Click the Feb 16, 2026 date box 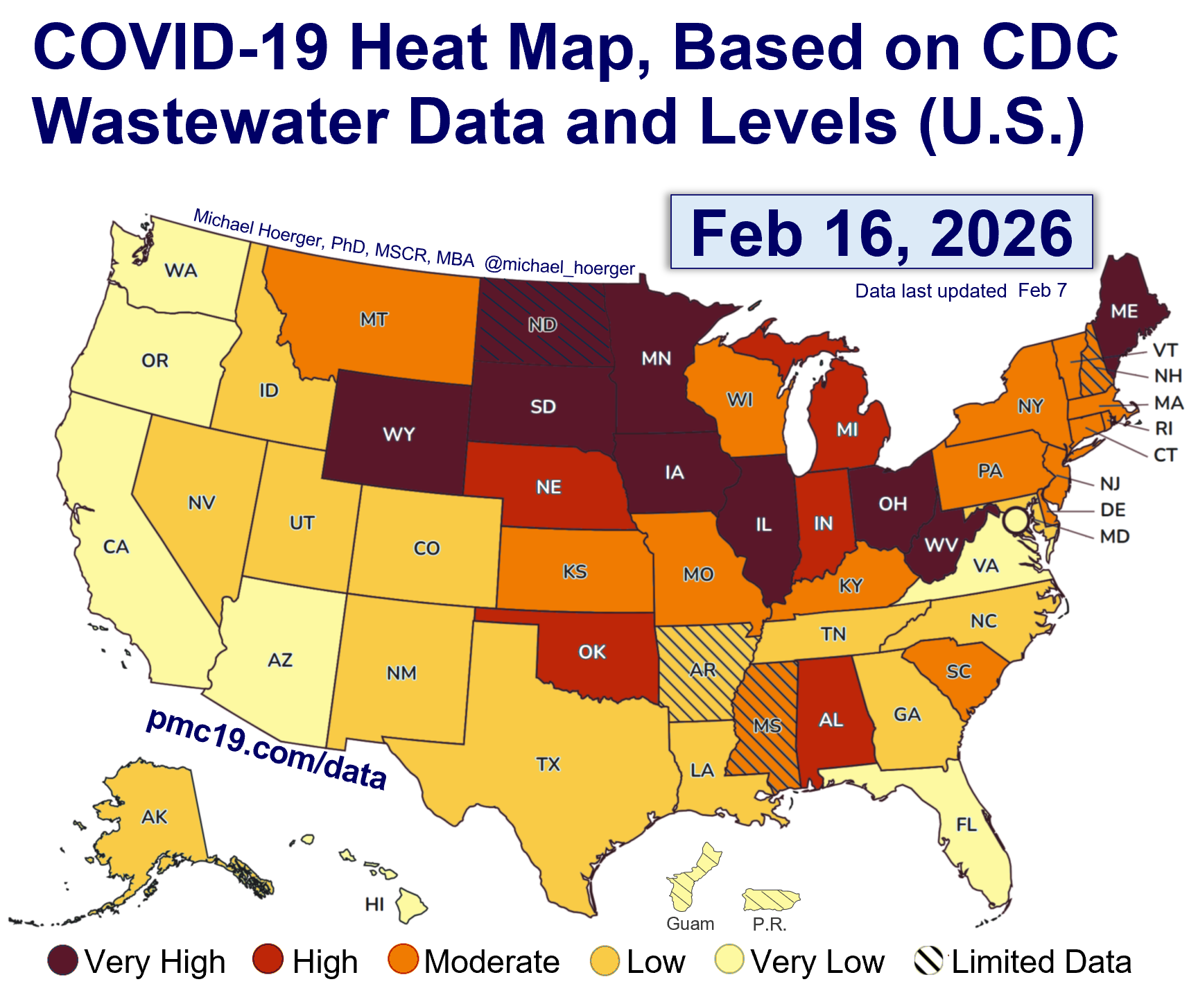pos(881,232)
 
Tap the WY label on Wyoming pos(399,434)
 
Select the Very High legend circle pos(62,960)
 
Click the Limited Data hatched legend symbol pos(929,960)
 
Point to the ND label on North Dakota pos(542,325)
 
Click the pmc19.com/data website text pos(267,749)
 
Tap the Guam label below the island pos(690,924)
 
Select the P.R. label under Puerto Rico pos(770,924)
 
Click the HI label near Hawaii pos(374,904)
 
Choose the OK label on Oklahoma pos(592,652)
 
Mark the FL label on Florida pos(966,825)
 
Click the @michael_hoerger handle pos(559,266)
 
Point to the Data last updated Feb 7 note pos(960,291)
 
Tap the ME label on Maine pos(1124,311)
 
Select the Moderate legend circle pos(403,960)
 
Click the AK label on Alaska pos(154,817)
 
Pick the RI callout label pos(1164,429)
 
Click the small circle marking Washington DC pos(1016,520)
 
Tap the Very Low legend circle pos(729,960)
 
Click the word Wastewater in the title pos(210,122)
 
